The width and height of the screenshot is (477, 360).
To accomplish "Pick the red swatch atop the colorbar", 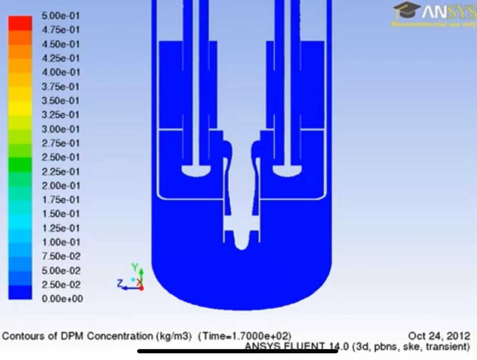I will pyautogui.click(x=20, y=23).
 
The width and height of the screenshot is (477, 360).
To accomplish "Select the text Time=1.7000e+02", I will pyautogui.click(x=244, y=336).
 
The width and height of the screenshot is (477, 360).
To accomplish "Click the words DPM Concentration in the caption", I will pyautogui.click(x=120, y=336).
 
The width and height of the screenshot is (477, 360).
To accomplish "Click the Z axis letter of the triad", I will pyautogui.click(x=119, y=283).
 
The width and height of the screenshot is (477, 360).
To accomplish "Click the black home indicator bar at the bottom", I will pyautogui.click(x=237, y=351).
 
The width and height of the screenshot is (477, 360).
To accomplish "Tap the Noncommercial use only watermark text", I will pyautogui.click(x=433, y=24).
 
